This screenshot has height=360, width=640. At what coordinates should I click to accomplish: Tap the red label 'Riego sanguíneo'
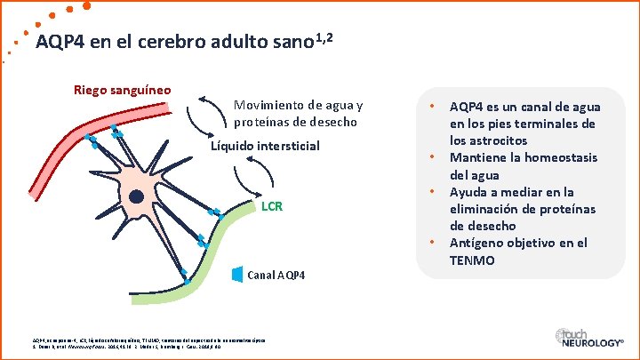point(123,89)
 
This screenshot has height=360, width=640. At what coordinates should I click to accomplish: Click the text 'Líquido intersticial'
point(265,145)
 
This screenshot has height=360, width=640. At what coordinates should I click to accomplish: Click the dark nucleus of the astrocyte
point(137,196)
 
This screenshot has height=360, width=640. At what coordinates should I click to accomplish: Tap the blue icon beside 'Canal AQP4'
point(236,275)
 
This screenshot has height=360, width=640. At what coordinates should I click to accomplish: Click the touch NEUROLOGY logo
point(587,338)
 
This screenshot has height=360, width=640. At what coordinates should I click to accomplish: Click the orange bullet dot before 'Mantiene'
point(431,157)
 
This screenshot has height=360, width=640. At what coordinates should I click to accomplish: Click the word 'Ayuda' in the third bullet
point(470,192)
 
